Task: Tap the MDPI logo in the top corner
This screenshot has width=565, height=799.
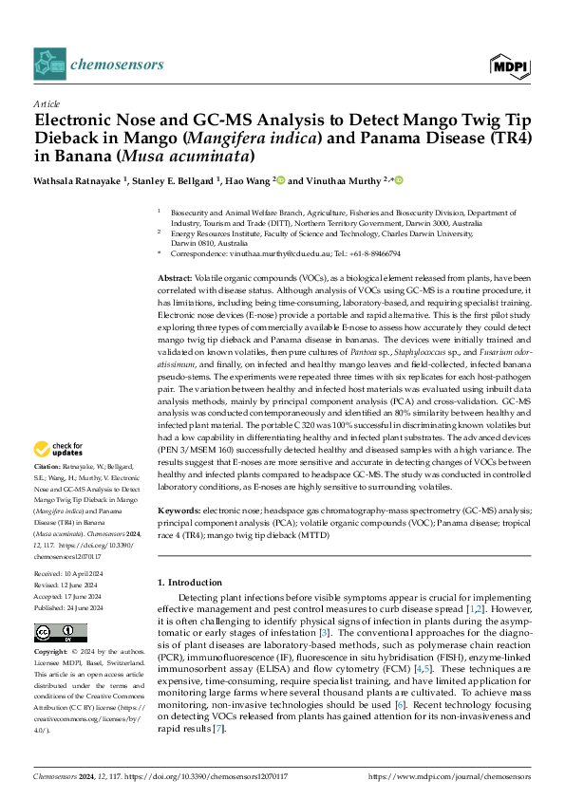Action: (509, 65)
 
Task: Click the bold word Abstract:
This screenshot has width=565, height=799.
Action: (176, 274)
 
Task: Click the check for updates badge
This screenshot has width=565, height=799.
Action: (62, 449)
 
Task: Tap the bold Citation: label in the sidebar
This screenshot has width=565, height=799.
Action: (47, 468)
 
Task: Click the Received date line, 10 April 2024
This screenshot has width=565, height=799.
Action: (70, 575)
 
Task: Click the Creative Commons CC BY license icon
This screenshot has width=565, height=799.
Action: (61, 633)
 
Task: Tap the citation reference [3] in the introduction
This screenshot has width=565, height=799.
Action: (324, 631)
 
